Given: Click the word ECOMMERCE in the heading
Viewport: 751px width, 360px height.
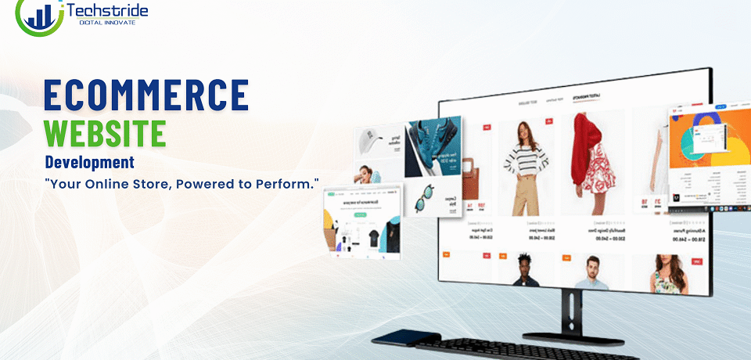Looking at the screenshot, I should [x=146, y=95].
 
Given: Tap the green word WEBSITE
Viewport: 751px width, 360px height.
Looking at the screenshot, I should [x=105, y=133].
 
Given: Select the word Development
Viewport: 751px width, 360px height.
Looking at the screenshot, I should [x=89, y=163].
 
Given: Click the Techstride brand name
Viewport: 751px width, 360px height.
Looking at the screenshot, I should [x=108, y=11].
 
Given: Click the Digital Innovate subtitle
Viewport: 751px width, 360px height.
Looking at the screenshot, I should [x=107, y=23].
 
